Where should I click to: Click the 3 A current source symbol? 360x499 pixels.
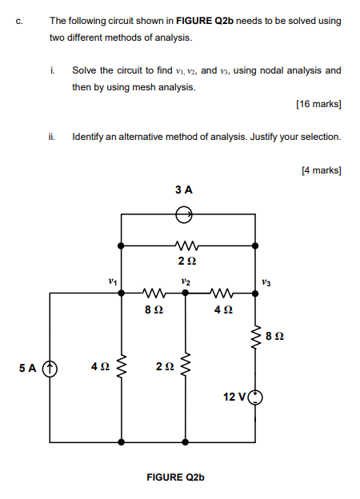(185, 214)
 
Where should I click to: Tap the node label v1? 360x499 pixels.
(113, 281)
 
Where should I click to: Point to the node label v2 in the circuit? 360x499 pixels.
(186, 281)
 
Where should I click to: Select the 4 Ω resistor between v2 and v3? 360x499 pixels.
(222, 293)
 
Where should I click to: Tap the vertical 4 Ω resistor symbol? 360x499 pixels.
(122, 367)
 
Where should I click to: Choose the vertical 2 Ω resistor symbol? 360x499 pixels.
(186, 367)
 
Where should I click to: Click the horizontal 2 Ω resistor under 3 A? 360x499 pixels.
(185, 246)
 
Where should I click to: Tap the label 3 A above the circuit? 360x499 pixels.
(184, 190)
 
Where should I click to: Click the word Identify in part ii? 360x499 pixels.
(91, 137)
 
